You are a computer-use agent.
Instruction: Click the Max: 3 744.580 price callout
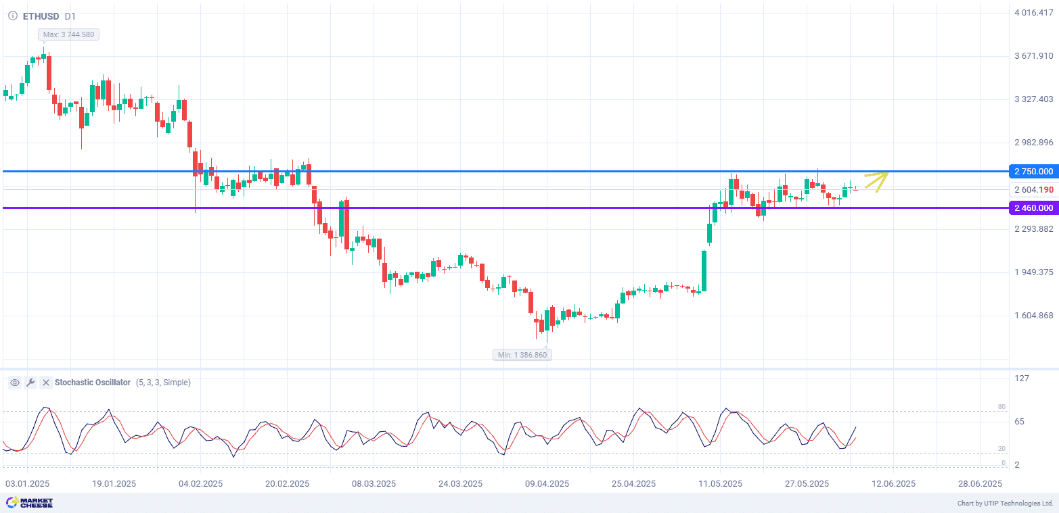tap(68, 34)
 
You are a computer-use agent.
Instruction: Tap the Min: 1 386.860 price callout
tap(522, 355)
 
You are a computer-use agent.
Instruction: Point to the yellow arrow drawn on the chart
tap(876, 182)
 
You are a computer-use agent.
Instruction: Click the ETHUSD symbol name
tap(41, 16)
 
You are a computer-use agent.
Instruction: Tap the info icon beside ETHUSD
tap(13, 16)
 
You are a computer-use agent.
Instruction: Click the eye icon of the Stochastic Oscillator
tap(14, 383)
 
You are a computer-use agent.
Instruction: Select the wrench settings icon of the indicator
tap(30, 383)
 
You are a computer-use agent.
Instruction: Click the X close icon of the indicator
tap(46, 383)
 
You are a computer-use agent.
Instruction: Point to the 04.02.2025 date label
tap(200, 484)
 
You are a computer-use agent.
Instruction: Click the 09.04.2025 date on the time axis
tap(546, 484)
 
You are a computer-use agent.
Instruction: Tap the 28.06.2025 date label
tap(980, 484)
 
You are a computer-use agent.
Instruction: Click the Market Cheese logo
tap(29, 503)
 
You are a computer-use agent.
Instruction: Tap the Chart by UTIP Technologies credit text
tap(1005, 504)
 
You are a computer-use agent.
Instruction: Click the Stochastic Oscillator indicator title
tap(93, 383)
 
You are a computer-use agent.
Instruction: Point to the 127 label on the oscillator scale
tap(1022, 378)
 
